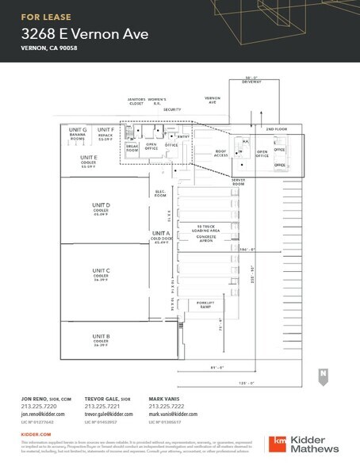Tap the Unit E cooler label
[89, 161]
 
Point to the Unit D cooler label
[101, 208]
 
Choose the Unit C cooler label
[101, 273]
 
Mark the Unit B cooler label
[101, 339]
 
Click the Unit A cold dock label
[160, 236]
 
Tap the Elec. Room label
[161, 193]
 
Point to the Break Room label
[132, 148]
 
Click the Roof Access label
[220, 155]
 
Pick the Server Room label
[239, 181]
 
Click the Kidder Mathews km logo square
[279, 442]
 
